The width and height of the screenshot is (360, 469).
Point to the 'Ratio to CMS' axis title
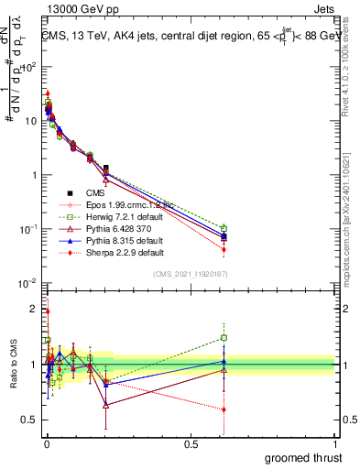click(12, 365)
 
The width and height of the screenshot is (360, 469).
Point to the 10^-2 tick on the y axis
click(28, 283)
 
